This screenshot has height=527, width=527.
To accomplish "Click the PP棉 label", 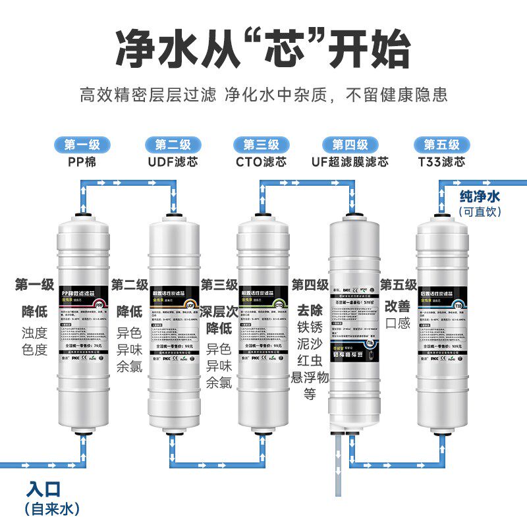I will pos(82,161).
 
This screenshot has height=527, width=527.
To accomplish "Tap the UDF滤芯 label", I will pos(173,161).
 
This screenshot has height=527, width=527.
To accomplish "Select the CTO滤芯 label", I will pos(262,161).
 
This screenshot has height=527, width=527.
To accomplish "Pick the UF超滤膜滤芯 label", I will pos(350,161).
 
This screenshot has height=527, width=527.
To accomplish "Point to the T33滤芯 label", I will pos(441,161).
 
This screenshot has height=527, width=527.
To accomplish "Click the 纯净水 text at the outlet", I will pos(480,196).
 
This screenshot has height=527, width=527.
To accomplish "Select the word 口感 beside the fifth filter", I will pos(398,323).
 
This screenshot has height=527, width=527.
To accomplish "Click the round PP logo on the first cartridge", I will pos(99,305).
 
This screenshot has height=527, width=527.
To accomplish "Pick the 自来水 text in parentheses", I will pos(51,509).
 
